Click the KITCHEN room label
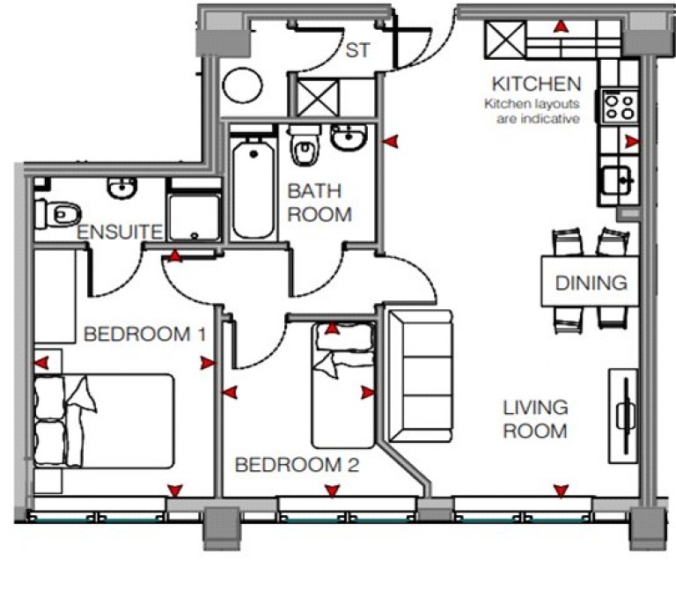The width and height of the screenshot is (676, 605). pos(536,84)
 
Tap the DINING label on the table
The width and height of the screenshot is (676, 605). pos(591,283)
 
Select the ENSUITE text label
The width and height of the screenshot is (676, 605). pos(120,232)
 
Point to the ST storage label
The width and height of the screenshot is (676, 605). pos(358,50)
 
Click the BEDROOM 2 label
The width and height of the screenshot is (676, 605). pos(297,465)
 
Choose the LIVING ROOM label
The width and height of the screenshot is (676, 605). pos(535,419)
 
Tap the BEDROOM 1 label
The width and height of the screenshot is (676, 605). pos(145,334)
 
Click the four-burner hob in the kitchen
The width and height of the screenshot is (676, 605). pos(617,107)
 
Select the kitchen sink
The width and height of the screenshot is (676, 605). pos(617,181)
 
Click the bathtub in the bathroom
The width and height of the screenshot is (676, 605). pos(253,188)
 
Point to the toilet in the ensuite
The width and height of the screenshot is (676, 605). pos(58,213)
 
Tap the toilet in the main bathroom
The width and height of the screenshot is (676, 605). pos(305,145)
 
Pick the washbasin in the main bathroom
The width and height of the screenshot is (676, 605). pos(349,137)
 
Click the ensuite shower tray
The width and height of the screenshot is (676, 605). pos(195,218)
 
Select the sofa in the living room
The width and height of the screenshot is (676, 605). pos(421,376)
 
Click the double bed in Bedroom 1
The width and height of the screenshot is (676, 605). pos(105,421)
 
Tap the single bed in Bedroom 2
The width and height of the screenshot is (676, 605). pos(342,386)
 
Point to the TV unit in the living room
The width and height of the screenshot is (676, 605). pos(622,416)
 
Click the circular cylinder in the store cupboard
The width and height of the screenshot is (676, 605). pos(243,85)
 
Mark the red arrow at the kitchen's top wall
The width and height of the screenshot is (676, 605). pos(561,26)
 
